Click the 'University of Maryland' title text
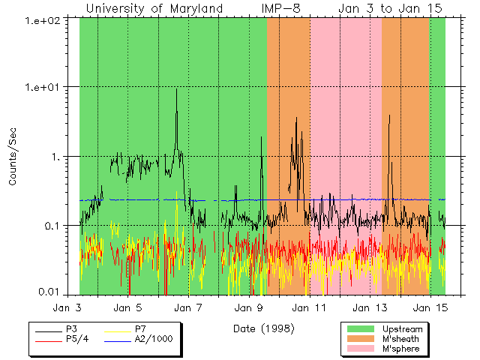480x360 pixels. (154, 8)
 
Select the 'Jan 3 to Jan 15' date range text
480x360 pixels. (389, 8)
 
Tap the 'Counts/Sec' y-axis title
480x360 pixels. (13, 157)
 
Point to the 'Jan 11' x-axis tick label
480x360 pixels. (308, 307)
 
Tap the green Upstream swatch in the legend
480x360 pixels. (360, 328)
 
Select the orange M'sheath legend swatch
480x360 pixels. (360, 339)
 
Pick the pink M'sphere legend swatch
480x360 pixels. (360, 349)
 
